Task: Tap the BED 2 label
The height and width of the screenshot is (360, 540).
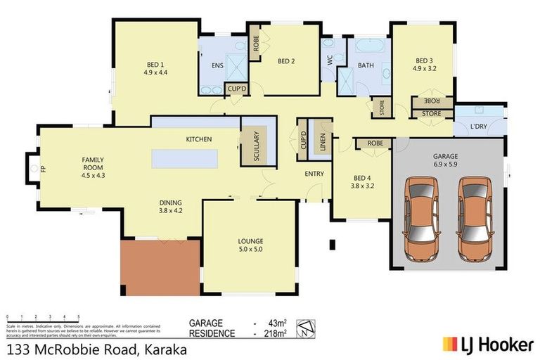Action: pos(285,61)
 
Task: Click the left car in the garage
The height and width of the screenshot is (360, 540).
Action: pos(421,217)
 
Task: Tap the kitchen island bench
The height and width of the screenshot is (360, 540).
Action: pos(182,158)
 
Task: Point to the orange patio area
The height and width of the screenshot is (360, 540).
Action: pos(161,267)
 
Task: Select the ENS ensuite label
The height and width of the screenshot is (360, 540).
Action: pos(217,66)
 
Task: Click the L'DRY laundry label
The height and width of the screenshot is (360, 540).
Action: pos(479,127)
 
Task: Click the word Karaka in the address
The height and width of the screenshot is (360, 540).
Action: pos(164,348)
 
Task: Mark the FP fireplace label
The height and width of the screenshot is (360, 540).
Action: pos(43,169)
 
